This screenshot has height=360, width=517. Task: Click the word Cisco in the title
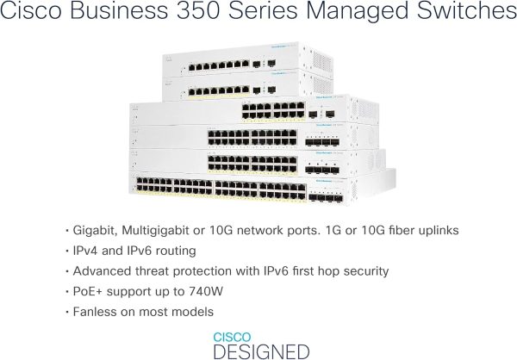pyautogui.click(x=31, y=15)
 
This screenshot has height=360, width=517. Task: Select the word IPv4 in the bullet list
pyautogui.click(x=84, y=251)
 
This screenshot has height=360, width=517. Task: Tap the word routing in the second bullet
pyautogui.click(x=178, y=251)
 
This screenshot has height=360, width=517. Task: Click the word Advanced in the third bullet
pyautogui.click(x=98, y=271)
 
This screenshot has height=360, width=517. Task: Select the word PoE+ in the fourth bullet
pyautogui.click(x=84, y=291)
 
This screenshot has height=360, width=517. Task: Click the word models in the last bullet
pyautogui.click(x=192, y=312)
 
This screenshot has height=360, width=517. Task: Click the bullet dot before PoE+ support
pyautogui.click(x=65, y=292)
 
